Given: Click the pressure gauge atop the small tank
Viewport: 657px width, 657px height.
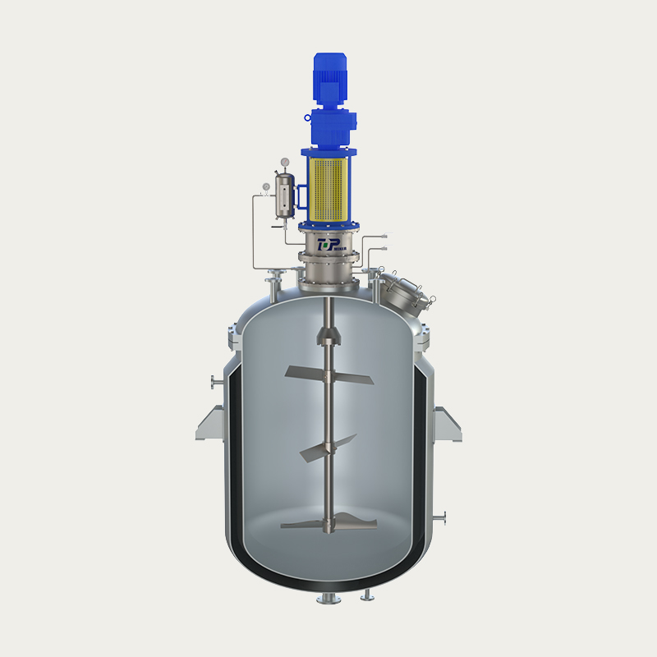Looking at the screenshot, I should pos(284,162).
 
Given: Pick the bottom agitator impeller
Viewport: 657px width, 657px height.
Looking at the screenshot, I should pos(328,522).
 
